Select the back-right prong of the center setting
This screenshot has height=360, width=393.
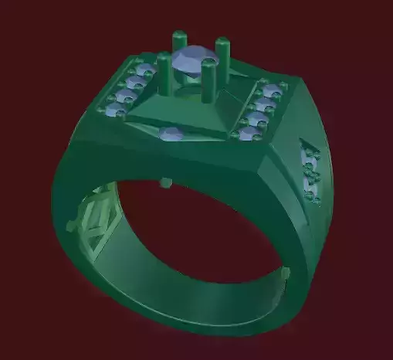pyautogui.click(x=222, y=54)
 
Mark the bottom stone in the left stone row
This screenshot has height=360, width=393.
pyautogui.click(x=116, y=112)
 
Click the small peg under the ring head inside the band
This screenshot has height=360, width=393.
pyautogui.click(x=164, y=183)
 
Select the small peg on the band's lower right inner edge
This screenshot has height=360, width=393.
pyautogui.click(x=286, y=273)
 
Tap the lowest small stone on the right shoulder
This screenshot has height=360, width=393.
pyautogui.click(x=313, y=196)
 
